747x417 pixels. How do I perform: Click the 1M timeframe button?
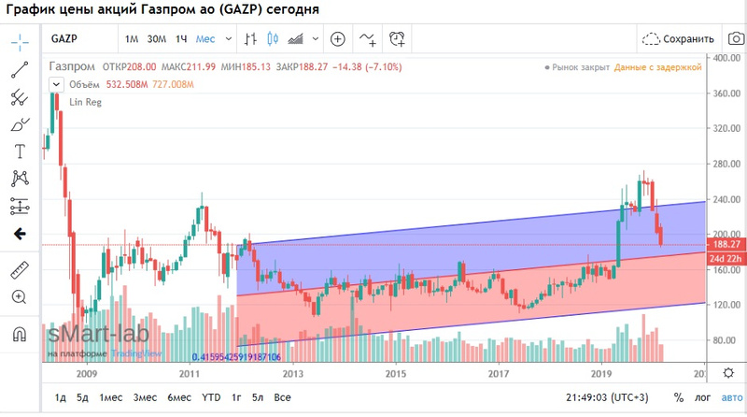pos(132,39)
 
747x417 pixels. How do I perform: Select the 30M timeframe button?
pos(156,39)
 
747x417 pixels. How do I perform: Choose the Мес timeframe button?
pos(204,39)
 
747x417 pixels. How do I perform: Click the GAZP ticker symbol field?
pos(64,39)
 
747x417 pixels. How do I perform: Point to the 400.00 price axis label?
pos(726,58)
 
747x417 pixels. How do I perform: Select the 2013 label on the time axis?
pos(293,373)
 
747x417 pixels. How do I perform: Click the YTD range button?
pos(212,397)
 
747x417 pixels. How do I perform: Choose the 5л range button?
pos(257,397)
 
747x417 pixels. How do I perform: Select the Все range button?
pos(283,397)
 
